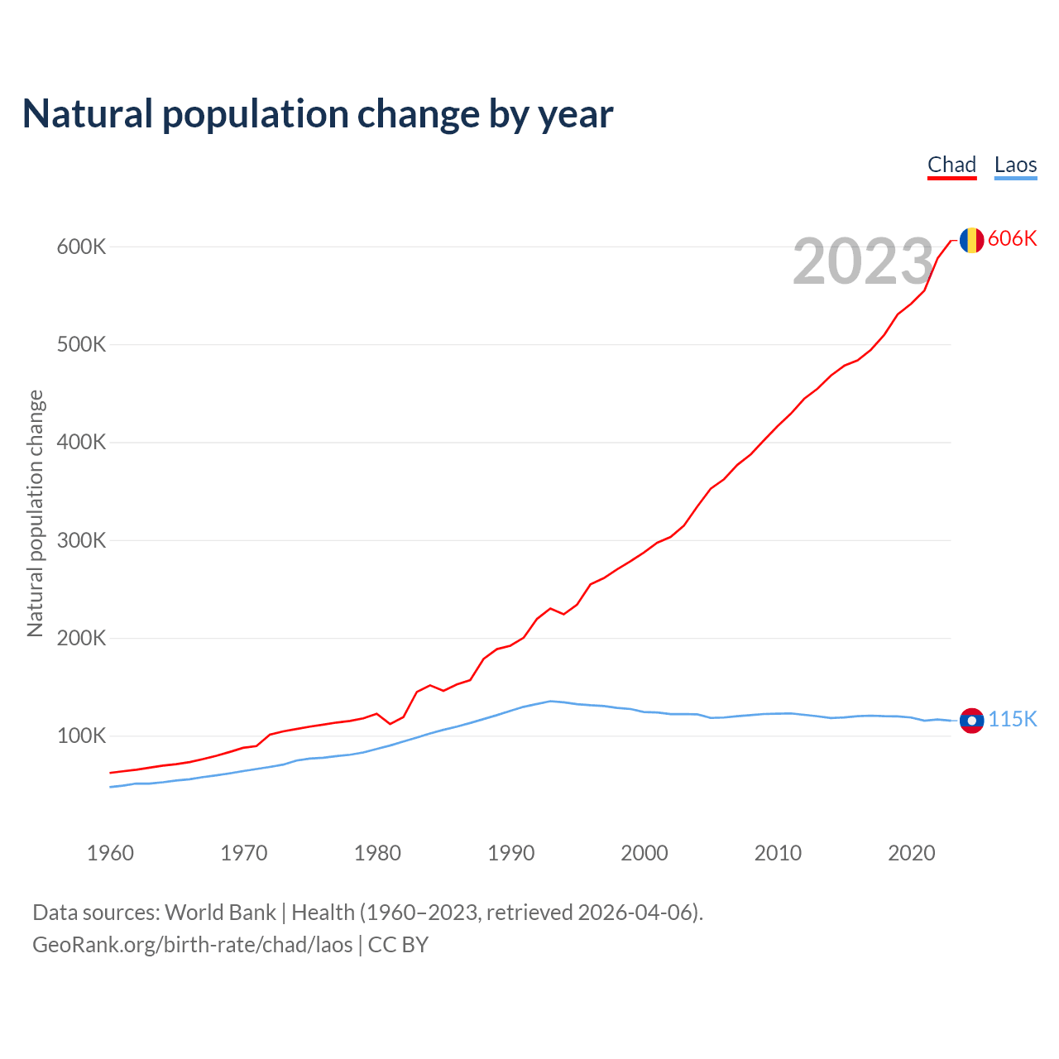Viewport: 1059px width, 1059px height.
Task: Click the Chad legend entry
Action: point(951,165)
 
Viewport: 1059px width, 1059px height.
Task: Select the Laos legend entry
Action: point(1015,165)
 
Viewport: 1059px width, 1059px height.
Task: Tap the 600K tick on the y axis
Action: point(82,247)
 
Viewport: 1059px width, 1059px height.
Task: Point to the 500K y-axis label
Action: point(82,344)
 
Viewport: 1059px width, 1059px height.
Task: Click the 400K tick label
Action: point(82,443)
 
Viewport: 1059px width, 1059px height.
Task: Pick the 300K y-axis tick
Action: point(82,540)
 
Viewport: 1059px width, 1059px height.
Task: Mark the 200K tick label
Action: point(82,638)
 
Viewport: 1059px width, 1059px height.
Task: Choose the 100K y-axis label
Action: point(82,736)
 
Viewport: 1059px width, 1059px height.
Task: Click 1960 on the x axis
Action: point(110,853)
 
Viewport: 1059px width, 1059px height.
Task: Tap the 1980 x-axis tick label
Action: point(377,853)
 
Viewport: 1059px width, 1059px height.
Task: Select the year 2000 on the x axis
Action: point(645,853)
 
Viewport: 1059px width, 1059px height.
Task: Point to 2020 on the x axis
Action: point(911,853)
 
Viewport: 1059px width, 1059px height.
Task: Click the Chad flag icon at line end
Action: point(971,240)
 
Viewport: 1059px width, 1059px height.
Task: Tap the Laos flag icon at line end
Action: point(971,721)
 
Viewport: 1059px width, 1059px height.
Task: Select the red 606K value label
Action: point(1013,238)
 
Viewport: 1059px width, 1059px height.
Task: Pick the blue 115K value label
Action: point(1013,719)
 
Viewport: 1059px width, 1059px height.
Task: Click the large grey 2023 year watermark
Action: point(863,261)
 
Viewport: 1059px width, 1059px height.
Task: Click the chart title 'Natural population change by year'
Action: point(318,114)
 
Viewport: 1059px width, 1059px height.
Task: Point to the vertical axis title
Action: point(36,513)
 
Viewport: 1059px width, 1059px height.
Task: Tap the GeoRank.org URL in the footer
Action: point(193,945)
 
